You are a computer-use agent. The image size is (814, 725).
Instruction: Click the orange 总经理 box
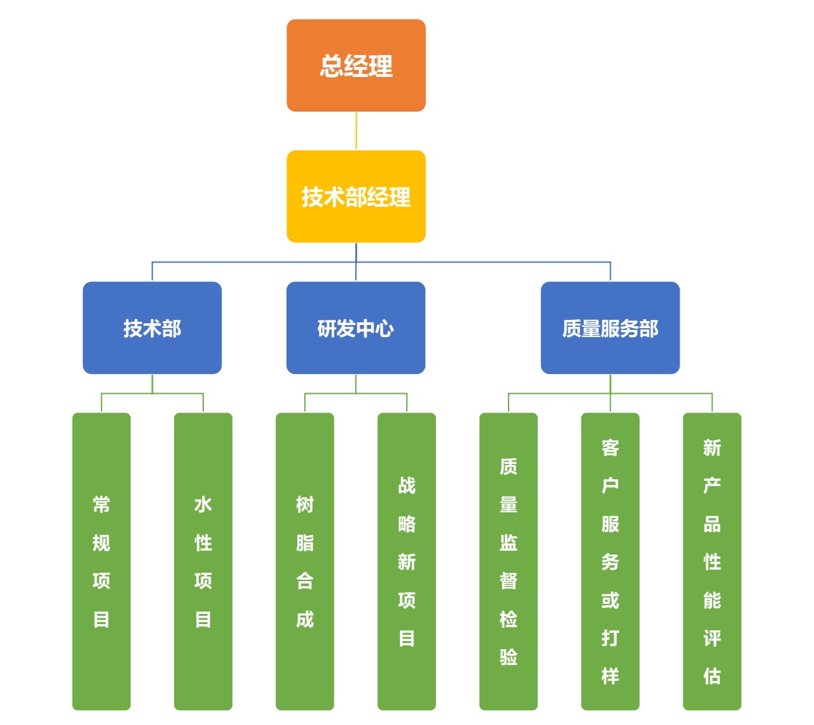pyautogui.click(x=356, y=66)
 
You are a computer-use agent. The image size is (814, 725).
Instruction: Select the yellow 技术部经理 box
pyautogui.click(x=356, y=196)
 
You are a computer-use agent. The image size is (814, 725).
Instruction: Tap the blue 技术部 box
pyautogui.click(x=152, y=327)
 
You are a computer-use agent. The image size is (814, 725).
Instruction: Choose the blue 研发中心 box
pyautogui.click(x=356, y=327)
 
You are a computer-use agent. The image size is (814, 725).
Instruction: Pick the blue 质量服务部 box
pyautogui.click(x=610, y=327)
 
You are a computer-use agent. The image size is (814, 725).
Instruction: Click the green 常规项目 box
pyautogui.click(x=102, y=561)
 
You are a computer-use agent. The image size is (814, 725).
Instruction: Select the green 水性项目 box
pyautogui.click(x=203, y=561)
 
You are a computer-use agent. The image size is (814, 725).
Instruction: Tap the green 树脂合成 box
pyautogui.click(x=305, y=561)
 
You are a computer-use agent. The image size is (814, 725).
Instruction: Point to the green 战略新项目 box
pyautogui.click(x=406, y=561)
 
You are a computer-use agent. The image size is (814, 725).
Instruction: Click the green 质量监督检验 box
pyautogui.click(x=509, y=561)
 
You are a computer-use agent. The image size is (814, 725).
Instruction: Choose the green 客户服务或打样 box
pyautogui.click(x=610, y=561)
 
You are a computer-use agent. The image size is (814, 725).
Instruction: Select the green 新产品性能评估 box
pyautogui.click(x=712, y=561)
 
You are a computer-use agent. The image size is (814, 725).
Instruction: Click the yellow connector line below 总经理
pyautogui.click(x=356, y=131)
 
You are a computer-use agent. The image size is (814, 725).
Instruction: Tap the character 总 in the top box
pyautogui.click(x=331, y=66)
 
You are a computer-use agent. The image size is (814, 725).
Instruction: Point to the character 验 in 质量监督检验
pyautogui.click(x=509, y=657)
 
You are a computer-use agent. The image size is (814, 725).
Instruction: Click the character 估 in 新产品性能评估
pyautogui.click(x=712, y=676)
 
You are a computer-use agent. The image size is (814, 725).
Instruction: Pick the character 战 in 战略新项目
pyautogui.click(x=406, y=485)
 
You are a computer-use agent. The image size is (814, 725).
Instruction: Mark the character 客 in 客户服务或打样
pyautogui.click(x=610, y=447)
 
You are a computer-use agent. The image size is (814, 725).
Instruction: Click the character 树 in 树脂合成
pyautogui.click(x=305, y=504)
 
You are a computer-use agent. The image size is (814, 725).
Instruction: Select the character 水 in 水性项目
pyautogui.click(x=203, y=504)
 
